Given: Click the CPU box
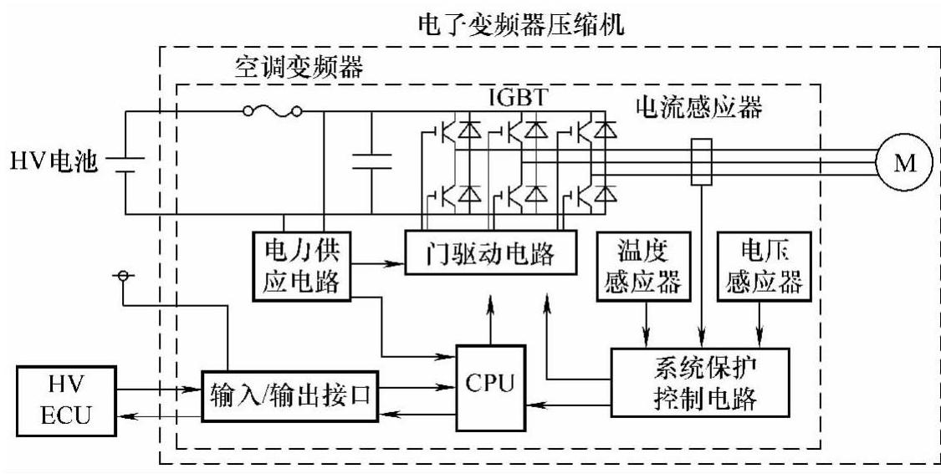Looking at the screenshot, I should point(492,386).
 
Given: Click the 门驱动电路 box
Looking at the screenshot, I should point(492,251).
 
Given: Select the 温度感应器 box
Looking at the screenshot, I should point(645,268).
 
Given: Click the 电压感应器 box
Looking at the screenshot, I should point(765,268).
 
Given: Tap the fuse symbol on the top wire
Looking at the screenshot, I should point(271,111).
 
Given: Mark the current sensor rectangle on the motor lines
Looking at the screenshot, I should point(699,161).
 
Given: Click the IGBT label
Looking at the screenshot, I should point(519,98).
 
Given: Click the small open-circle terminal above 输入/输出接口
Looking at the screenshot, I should point(123,276).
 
